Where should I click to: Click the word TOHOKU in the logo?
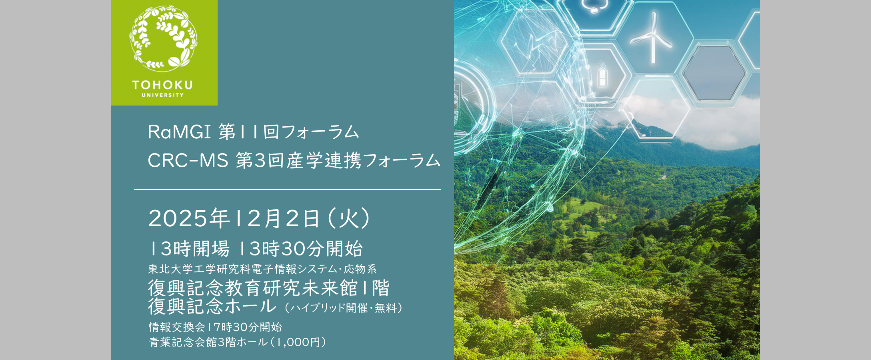(162, 85)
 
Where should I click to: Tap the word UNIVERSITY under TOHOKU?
(163, 95)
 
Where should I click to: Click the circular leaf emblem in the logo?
(163, 39)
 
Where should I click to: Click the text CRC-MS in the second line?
(188, 161)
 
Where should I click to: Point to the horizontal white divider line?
(287, 190)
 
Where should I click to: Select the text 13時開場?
(189, 249)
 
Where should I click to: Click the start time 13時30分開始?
(301, 249)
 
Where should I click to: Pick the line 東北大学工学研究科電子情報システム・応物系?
(262, 269)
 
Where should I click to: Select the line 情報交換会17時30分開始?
(215, 327)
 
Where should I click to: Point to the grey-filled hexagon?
(714, 73)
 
